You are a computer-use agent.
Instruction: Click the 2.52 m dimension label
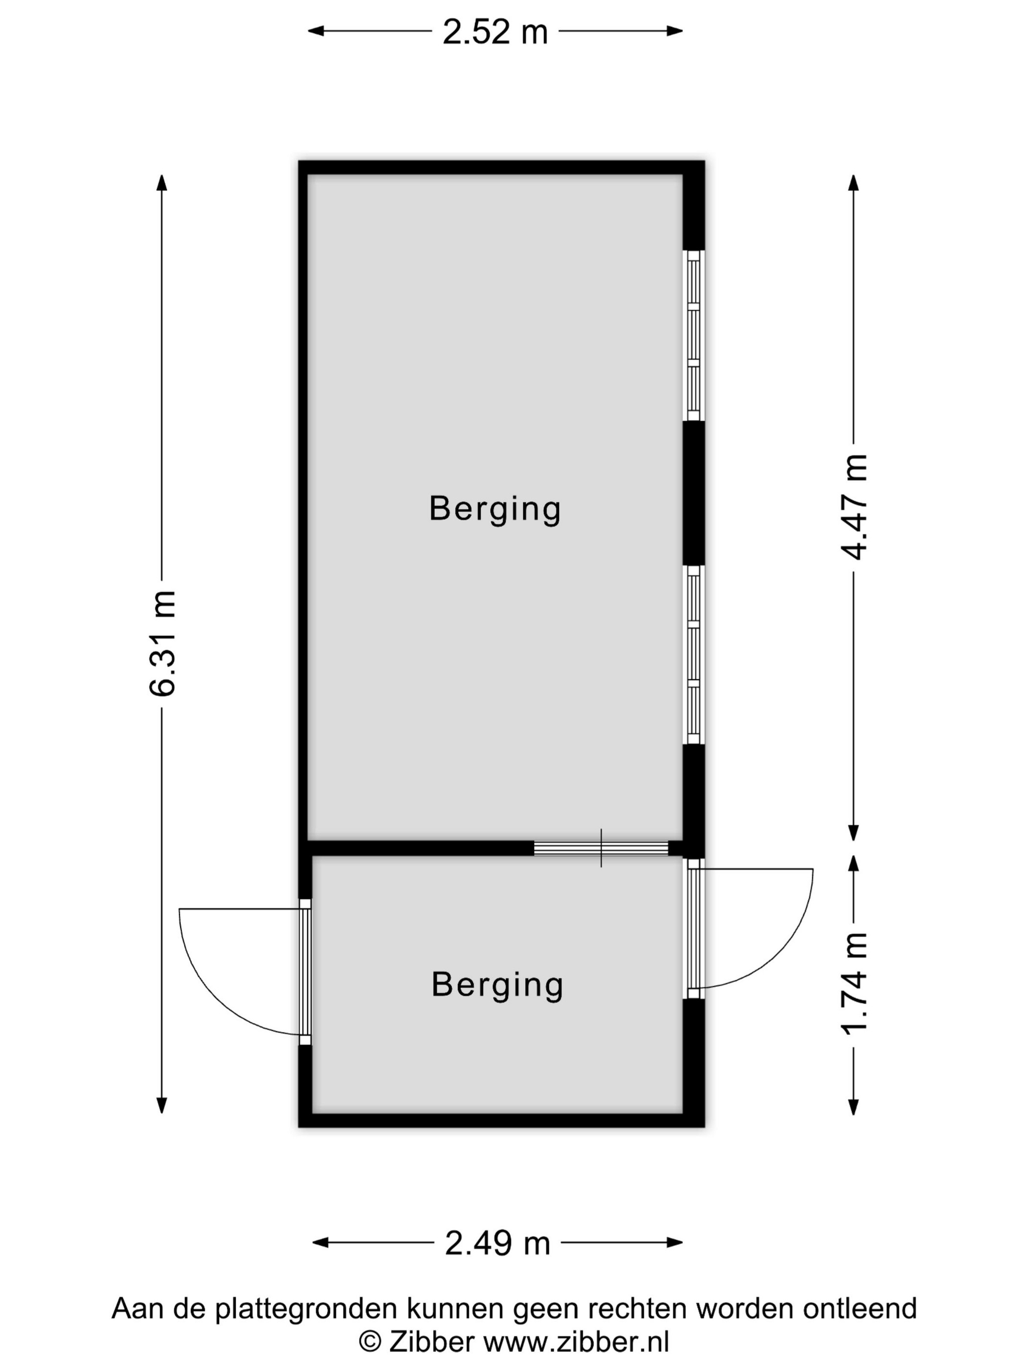[x=495, y=32]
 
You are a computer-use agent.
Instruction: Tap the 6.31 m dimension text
[x=163, y=643]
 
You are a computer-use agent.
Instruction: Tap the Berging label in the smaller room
[x=497, y=985]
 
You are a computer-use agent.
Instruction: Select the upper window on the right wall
[x=694, y=336]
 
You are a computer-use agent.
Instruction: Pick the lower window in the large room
[x=694, y=655]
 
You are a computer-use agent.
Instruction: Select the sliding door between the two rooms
[x=601, y=848]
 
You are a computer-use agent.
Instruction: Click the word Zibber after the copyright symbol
[x=431, y=1342]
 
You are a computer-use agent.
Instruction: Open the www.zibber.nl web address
[x=576, y=1342]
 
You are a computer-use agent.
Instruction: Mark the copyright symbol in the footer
[x=370, y=1343]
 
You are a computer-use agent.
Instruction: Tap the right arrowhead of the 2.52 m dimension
[x=675, y=31]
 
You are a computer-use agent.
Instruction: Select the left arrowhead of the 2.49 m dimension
[x=320, y=1242]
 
